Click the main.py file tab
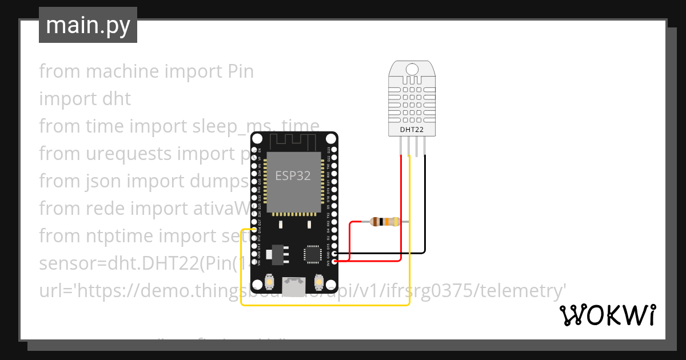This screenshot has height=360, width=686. [x=88, y=25]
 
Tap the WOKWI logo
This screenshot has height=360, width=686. [x=607, y=315]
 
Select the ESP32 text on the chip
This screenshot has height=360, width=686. [x=293, y=175]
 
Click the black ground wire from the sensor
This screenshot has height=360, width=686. [x=425, y=206]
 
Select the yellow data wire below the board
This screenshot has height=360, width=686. [x=326, y=305]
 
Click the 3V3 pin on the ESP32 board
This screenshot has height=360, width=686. [x=333, y=261]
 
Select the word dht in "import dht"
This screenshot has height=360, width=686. [x=116, y=99]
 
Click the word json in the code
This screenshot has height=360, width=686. [x=100, y=181]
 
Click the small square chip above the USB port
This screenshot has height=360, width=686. [x=313, y=254]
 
